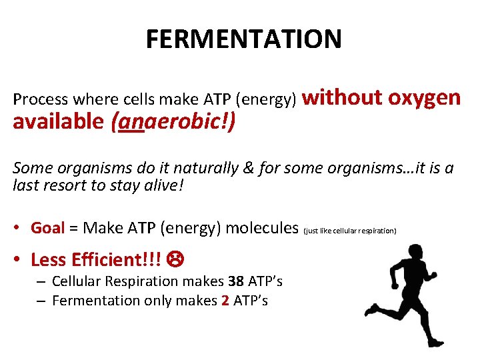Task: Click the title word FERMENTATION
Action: (x=243, y=39)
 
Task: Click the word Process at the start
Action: (x=40, y=100)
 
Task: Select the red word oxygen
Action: (x=425, y=97)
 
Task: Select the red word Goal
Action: (x=47, y=228)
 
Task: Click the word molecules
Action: (x=262, y=228)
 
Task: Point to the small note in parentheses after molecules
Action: (x=350, y=231)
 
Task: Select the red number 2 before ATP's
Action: (x=225, y=301)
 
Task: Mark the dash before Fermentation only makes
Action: (x=41, y=301)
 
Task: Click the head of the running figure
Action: (x=399, y=252)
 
